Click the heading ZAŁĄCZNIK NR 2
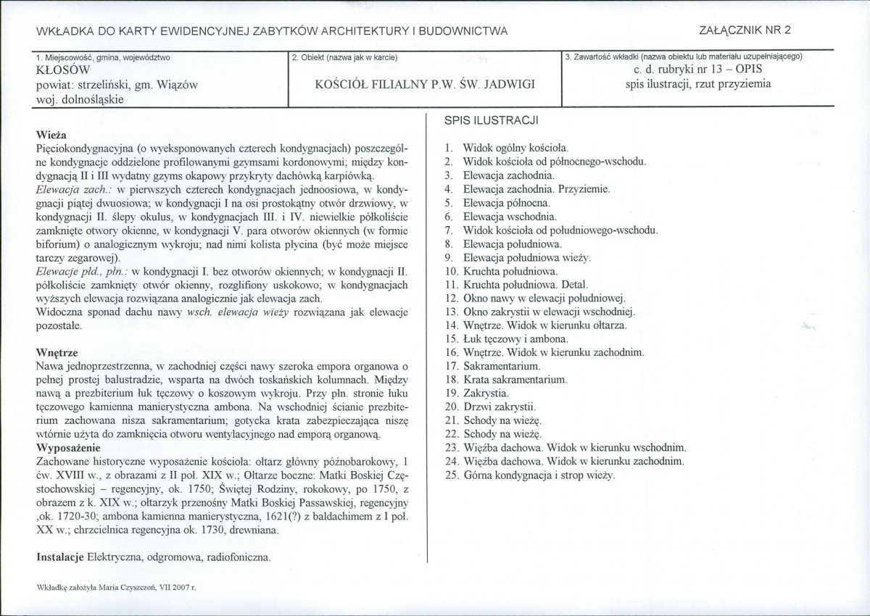point(744,30)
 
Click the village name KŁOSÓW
point(63,71)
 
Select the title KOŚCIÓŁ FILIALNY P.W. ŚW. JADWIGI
point(425,84)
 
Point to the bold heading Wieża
point(51,135)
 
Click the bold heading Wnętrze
point(57,351)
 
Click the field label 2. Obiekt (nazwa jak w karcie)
point(344,57)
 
